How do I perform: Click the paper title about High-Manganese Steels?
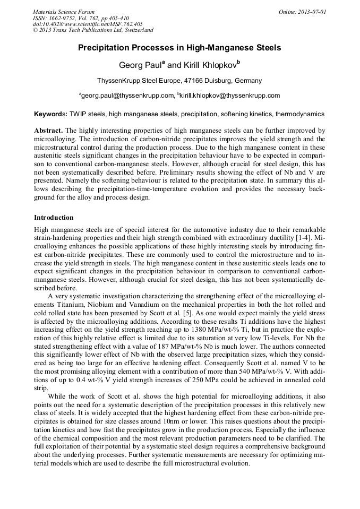179,48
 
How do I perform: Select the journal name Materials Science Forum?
64,11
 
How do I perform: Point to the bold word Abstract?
48,131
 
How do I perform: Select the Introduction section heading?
54,218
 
